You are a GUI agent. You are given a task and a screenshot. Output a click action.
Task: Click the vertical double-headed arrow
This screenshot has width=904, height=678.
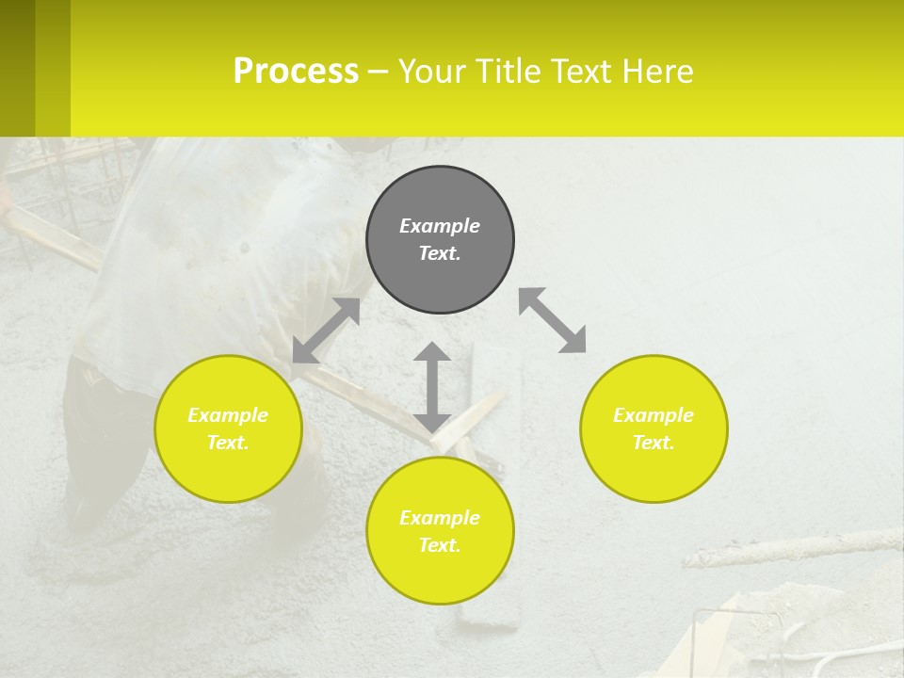click(432, 387)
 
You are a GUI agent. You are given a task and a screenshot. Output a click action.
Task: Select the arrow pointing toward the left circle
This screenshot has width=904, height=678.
click(326, 330)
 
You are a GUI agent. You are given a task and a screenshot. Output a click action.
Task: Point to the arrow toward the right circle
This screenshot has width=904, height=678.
click(553, 320)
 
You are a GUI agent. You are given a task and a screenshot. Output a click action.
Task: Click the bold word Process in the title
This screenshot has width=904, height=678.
click(296, 71)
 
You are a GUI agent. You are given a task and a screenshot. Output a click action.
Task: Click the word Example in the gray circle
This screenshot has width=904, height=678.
click(440, 226)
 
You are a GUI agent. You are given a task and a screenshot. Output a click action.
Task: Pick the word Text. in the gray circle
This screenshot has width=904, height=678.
click(440, 253)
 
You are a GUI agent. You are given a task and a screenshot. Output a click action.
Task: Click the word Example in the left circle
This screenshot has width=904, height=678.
click(228, 415)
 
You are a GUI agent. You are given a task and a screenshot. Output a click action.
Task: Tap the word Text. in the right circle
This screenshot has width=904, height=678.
click(654, 443)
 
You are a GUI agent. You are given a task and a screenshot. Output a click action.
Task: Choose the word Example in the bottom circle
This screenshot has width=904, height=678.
click(440, 518)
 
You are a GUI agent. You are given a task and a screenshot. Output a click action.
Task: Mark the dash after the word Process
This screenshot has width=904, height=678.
click(378, 72)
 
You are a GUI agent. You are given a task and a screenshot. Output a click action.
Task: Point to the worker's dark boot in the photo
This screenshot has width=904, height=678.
click(89, 508)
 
